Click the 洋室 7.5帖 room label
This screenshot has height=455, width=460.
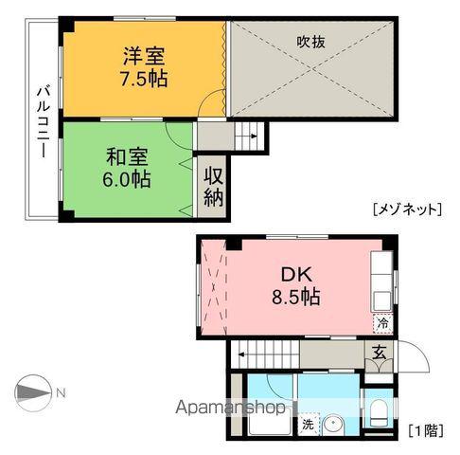point(145,66)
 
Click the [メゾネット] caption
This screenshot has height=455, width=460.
point(406,209)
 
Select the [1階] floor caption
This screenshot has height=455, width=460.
point(425,429)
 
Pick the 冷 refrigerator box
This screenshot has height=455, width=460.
point(382,322)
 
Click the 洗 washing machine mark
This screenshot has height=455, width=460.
point(308,426)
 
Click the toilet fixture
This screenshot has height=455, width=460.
point(376,416)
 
